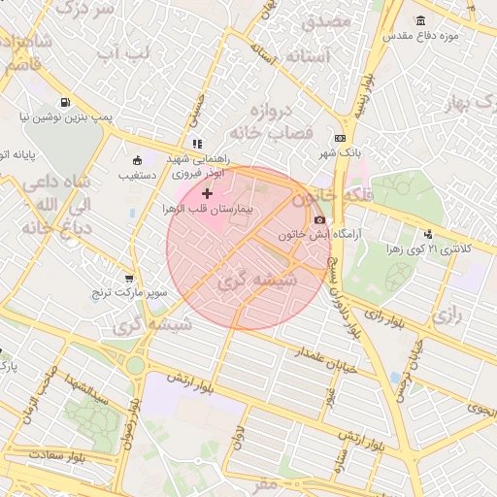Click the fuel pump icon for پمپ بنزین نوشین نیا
click(x=64, y=102)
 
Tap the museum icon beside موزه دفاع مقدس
click(x=420, y=20)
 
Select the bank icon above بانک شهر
click(x=339, y=139)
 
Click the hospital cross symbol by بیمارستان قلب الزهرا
click(x=207, y=194)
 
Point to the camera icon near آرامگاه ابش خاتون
click(x=319, y=220)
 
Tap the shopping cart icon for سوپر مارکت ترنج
click(x=129, y=278)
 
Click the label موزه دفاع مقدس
click(x=449, y=35)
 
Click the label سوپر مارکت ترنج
click(x=130, y=291)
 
